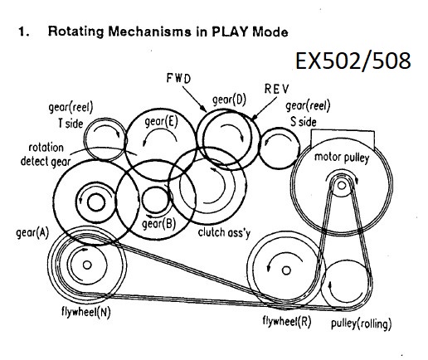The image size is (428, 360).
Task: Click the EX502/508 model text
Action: click(353, 61)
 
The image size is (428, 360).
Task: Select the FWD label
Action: click(178, 78)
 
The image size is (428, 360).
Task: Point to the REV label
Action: click(276, 89)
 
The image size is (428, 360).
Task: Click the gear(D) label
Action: click(229, 100)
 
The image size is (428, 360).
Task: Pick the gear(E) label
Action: click(161, 121)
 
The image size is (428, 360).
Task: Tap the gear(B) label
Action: click(158, 224)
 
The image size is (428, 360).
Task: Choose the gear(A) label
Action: click(32, 233)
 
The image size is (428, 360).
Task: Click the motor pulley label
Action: click(342, 158)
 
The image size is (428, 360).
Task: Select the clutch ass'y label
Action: click(224, 232)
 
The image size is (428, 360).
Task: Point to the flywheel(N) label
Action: click(86, 312)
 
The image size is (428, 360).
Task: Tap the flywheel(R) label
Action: click(287, 321)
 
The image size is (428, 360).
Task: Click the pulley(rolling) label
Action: click(362, 324)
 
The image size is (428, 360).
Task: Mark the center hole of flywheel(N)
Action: click(87, 265)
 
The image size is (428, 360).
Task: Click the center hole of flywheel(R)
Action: click(286, 270)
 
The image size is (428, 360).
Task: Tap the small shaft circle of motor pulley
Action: click(342, 185)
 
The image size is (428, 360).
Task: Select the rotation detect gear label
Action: click(46, 154)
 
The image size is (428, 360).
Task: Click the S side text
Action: click(304, 122)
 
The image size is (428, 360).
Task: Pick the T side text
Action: click(71, 124)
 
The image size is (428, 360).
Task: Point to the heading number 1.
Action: click(23, 32)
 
